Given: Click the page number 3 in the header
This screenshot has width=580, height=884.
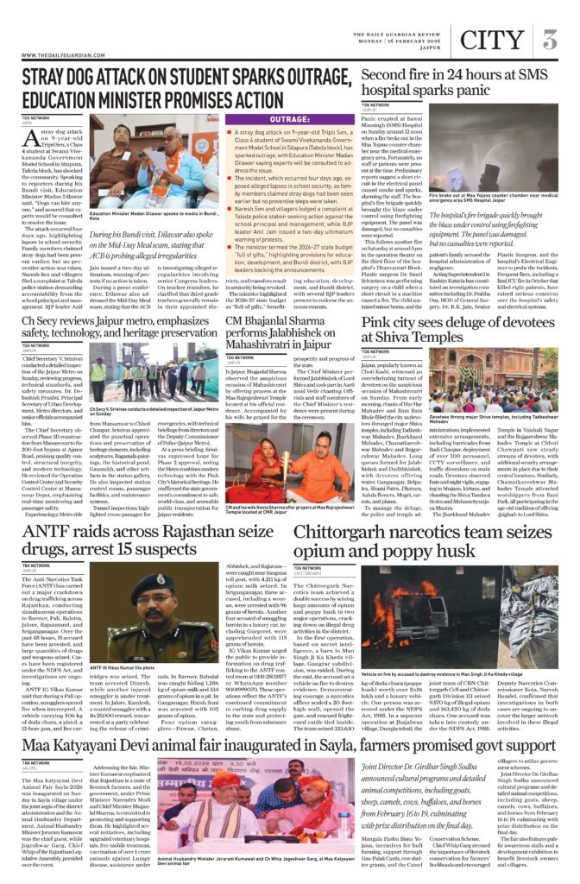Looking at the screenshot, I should tap(549, 41).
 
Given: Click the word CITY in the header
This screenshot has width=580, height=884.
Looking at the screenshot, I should tap(493, 41).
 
